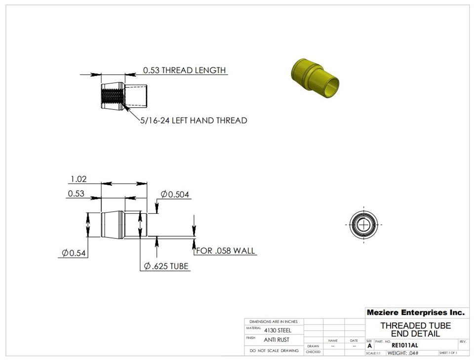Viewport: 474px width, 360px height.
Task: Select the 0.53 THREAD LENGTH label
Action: [184, 70]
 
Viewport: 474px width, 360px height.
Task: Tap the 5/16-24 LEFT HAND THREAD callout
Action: [194, 120]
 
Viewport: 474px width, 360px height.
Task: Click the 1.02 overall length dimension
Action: [78, 179]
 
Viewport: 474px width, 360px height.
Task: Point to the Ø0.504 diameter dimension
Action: [175, 195]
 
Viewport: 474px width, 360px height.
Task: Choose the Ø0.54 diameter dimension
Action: [74, 253]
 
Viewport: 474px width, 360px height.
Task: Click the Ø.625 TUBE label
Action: [166, 266]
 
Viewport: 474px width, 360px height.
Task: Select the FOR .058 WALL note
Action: [226, 251]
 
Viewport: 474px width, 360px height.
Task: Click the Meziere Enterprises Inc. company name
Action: [415, 313]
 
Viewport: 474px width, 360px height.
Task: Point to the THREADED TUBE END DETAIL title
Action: [415, 329]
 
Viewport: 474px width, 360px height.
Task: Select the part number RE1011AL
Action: [404, 345]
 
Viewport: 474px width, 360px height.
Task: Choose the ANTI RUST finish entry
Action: [276, 340]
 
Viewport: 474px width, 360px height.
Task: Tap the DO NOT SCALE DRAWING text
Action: [274, 351]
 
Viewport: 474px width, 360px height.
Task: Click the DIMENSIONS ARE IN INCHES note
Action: [274, 321]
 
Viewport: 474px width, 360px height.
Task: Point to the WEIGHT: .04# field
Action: [403, 353]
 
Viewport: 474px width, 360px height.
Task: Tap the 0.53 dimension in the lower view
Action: [76, 194]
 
